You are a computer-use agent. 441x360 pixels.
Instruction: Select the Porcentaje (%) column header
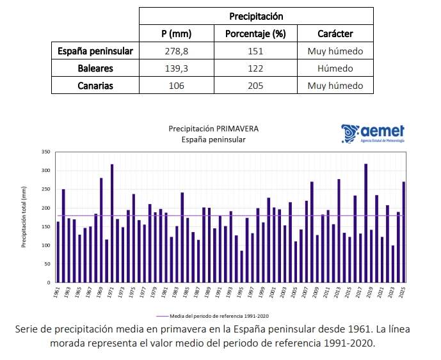click(255, 34)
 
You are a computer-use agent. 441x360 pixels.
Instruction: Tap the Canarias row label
click(95, 86)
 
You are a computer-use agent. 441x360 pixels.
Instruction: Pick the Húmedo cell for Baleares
click(335, 68)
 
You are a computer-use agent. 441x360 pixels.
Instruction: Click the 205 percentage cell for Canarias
click(255, 86)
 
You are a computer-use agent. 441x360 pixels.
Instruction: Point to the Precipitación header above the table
click(255, 16)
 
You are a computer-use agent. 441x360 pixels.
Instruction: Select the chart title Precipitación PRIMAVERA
click(213, 129)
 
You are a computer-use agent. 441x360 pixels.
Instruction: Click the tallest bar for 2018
click(365, 223)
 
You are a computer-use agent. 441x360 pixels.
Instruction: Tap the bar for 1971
click(112, 223)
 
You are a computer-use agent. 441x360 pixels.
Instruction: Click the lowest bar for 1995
click(242, 266)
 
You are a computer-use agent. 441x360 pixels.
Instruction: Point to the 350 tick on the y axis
click(45, 152)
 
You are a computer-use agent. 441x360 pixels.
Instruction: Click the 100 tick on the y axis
click(45, 245)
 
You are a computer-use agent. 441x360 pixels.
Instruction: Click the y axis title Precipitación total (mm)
click(24, 217)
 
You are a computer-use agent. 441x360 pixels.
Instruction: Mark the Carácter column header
click(335, 34)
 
